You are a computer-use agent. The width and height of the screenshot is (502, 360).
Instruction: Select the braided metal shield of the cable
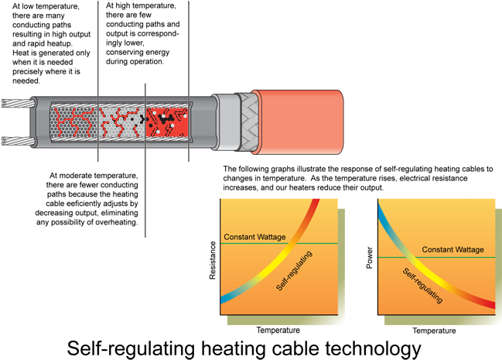[x=245, y=122]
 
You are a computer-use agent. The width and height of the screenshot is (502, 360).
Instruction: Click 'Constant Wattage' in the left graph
[x=254, y=237]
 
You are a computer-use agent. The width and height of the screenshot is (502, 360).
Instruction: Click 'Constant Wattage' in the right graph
[x=452, y=249]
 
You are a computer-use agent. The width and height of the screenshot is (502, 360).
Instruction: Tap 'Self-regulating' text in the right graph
[x=422, y=286]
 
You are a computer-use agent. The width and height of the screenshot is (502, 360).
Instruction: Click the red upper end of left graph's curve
[x=315, y=204]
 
